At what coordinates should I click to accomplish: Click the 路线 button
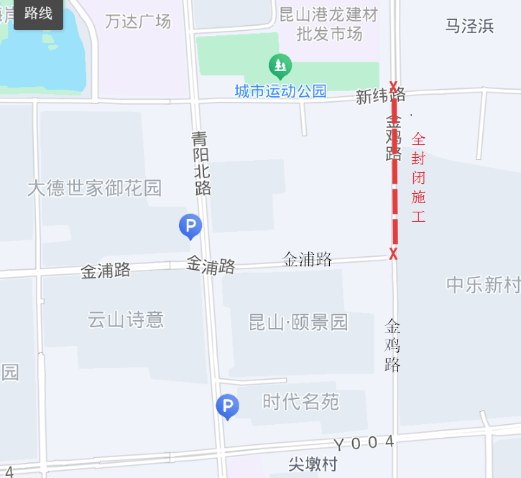coord(38,14)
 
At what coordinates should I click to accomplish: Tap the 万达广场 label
coord(138,22)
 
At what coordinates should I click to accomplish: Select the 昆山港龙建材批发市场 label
coord(329,24)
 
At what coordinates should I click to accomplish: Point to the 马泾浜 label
coord(469,27)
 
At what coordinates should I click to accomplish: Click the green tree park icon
coord(280,67)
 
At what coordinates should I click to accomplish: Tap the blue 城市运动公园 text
coord(280,91)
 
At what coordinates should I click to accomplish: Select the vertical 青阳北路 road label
coord(202,163)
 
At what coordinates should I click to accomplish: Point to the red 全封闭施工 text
coord(418,177)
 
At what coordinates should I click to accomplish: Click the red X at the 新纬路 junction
coord(393,86)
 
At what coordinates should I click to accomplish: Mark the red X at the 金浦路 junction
coord(393,253)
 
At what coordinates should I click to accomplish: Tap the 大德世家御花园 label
coord(94,188)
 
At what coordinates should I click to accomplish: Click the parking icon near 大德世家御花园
coord(190,227)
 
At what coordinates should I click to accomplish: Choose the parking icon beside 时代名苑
coord(227,406)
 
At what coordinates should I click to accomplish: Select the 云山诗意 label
coord(126,319)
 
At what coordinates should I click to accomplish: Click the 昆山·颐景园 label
coord(298,322)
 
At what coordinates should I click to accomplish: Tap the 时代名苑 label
coord(300,402)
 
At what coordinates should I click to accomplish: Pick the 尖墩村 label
coord(313,464)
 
